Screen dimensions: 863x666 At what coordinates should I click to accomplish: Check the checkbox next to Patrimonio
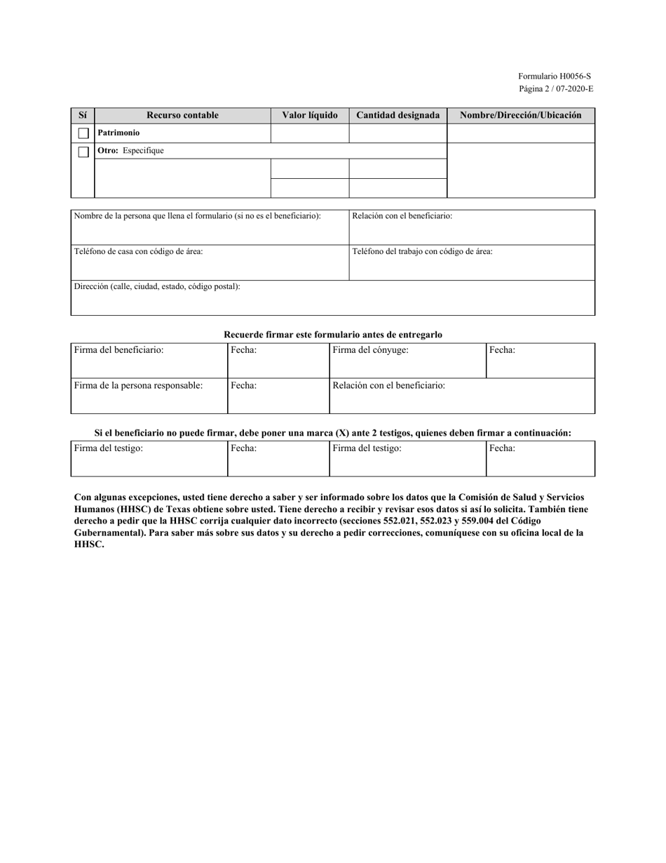tap(83, 133)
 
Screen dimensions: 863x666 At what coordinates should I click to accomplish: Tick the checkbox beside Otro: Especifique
tap(83, 152)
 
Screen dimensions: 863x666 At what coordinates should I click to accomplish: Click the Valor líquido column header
tap(309, 115)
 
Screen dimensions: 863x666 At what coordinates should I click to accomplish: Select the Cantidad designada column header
tap(397, 115)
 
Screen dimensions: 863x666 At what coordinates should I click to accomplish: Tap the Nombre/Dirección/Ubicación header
tap(520, 115)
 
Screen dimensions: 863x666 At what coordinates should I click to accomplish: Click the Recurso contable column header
tap(182, 115)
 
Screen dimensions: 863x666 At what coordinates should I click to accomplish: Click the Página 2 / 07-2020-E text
tap(555, 88)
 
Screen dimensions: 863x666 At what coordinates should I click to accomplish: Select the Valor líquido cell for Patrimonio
tap(309, 133)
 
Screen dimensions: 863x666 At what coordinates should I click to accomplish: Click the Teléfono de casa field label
tap(139, 251)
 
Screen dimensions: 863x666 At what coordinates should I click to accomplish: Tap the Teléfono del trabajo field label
tap(422, 251)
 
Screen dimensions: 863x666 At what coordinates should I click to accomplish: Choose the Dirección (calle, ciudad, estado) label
tap(157, 286)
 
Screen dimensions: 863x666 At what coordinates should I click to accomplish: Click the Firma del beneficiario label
tap(118, 350)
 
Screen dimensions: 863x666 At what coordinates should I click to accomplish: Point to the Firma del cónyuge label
tap(370, 350)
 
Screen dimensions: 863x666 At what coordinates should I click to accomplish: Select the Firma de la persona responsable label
tap(138, 385)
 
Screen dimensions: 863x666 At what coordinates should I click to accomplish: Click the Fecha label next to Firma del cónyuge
tap(502, 350)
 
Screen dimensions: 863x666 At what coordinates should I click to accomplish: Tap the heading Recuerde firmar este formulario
tap(332, 335)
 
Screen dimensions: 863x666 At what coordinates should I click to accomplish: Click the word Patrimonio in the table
tap(118, 133)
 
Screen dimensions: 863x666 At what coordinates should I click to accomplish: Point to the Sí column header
tap(83, 115)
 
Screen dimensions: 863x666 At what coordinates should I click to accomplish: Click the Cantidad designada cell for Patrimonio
tap(397, 133)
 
